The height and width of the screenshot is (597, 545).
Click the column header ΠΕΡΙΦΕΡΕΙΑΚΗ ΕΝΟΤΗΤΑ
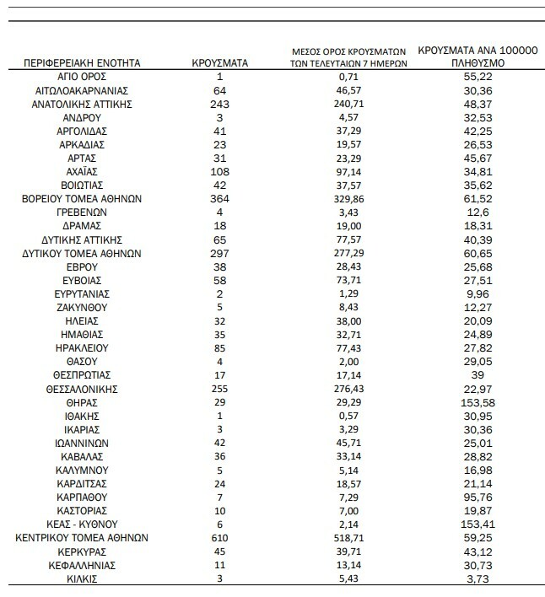tap(82, 62)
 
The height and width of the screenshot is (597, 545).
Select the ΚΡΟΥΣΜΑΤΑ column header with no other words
tap(219, 62)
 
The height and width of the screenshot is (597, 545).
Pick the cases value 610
tap(219, 536)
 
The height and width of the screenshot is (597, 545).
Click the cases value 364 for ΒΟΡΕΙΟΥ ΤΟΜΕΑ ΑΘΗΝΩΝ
tap(219, 199)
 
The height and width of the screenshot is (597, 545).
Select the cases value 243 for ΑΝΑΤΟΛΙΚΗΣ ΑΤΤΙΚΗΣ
tap(219, 104)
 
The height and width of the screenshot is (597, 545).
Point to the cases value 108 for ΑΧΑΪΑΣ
tap(219, 172)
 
